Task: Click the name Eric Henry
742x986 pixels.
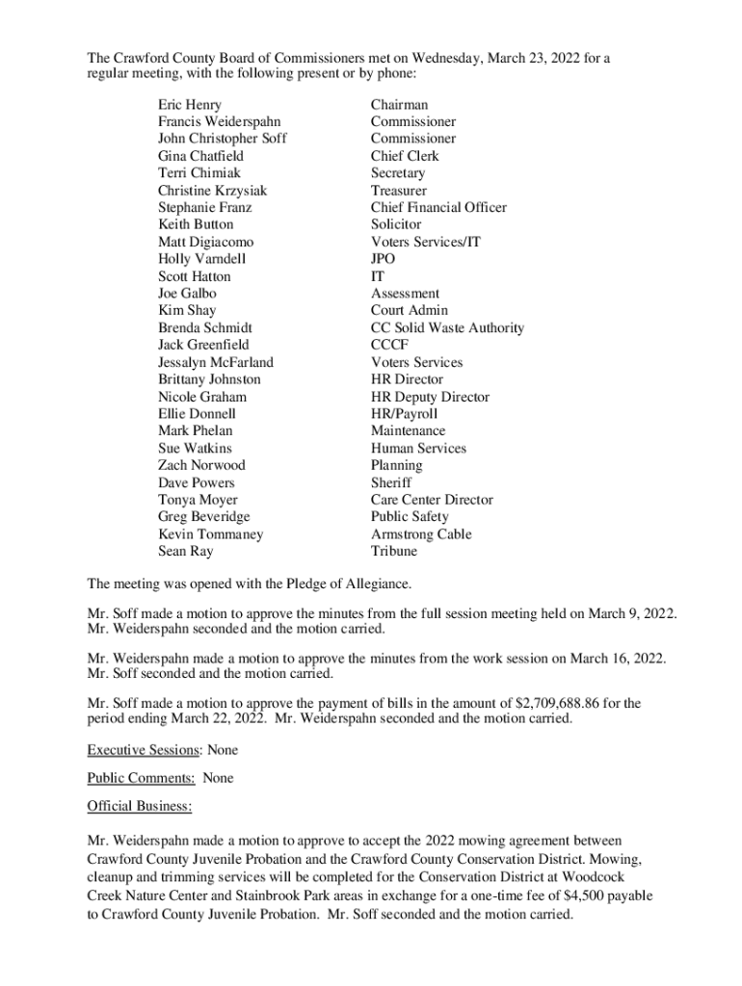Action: coord(190,105)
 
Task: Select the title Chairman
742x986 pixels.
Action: coord(399,105)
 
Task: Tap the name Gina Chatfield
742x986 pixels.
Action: coord(200,156)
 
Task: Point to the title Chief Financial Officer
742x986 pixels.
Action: coord(438,208)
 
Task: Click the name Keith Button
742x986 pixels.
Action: coord(196,224)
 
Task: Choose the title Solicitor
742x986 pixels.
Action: coord(396,224)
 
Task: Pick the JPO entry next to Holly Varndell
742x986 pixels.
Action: coord(383,259)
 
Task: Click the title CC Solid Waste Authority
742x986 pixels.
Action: coord(447,328)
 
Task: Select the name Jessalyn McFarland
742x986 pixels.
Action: coord(216,363)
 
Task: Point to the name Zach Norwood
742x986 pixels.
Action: coord(201,465)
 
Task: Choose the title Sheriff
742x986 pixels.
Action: coord(390,482)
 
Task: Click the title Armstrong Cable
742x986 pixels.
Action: coord(421,534)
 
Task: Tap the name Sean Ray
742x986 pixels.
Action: coord(186,552)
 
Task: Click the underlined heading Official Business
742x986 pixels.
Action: coord(139,806)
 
